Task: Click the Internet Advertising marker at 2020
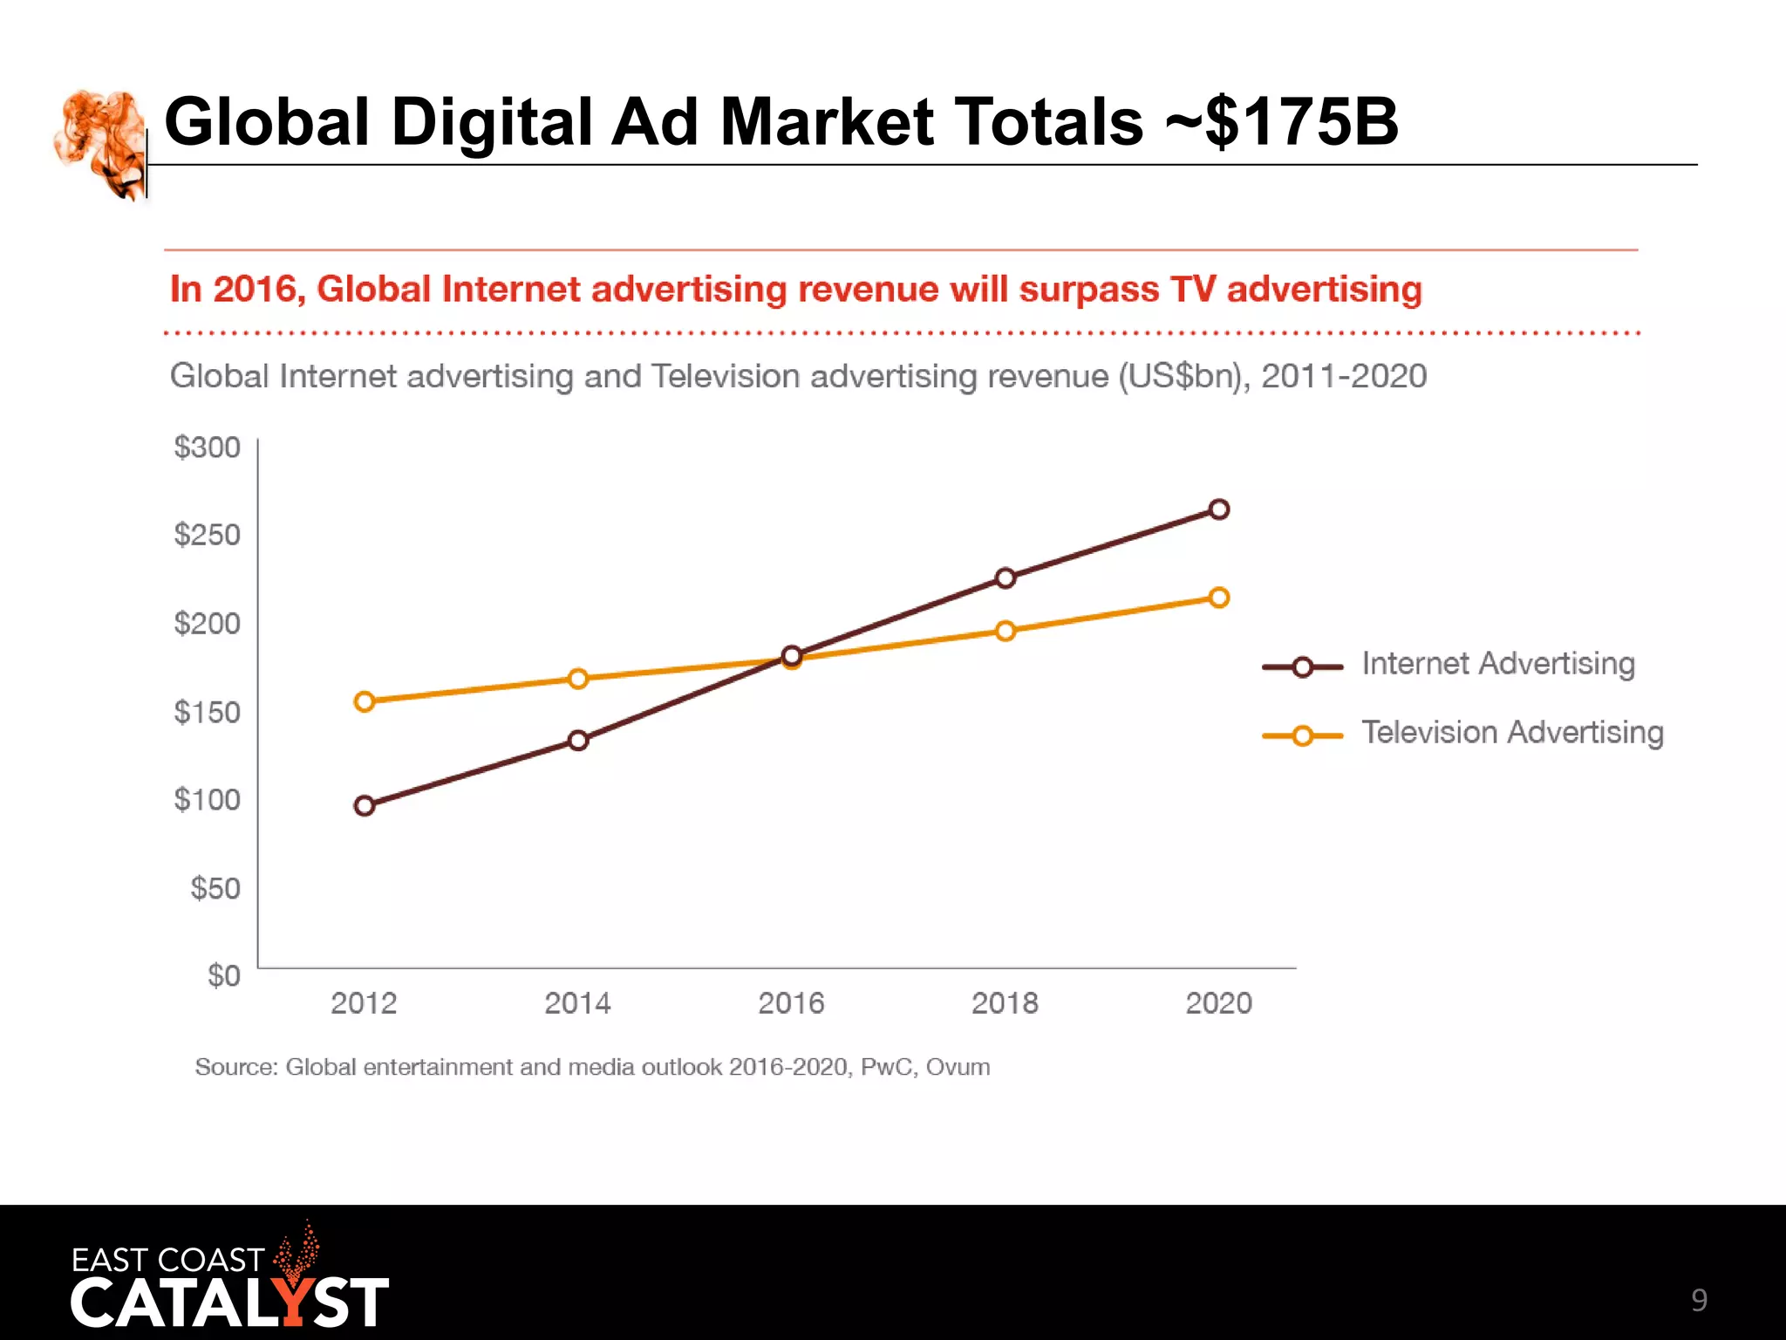1219,509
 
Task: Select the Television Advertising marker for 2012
365,701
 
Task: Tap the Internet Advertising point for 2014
578,741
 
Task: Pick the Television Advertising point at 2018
1005,631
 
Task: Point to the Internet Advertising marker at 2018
1005,578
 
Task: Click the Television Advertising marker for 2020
1219,598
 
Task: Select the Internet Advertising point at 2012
365,806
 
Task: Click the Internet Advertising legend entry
1496,665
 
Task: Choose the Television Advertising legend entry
1511,734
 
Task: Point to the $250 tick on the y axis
207,535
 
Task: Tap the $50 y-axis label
215,889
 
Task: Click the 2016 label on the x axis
791,1004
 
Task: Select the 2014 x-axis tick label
577,1004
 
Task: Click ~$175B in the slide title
1282,122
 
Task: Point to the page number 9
1699,1301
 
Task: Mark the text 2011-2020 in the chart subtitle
1344,377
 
